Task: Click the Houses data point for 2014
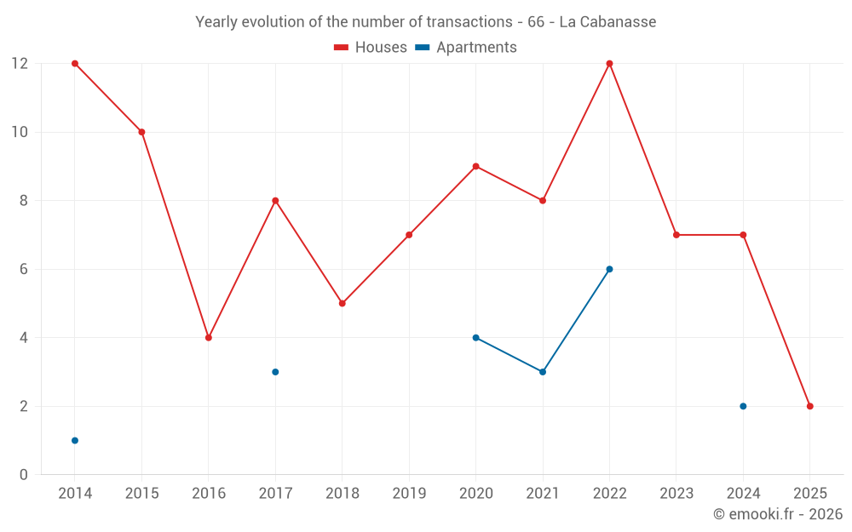tap(75, 64)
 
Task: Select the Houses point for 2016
tap(209, 338)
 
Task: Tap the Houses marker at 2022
tap(609, 64)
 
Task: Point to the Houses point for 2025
tap(809, 406)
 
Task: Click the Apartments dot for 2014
tap(75, 440)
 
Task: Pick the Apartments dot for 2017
tap(275, 372)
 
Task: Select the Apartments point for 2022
tap(609, 269)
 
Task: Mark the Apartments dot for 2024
tap(743, 406)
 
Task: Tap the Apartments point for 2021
tap(543, 372)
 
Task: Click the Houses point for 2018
tap(343, 303)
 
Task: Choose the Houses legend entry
tap(371, 48)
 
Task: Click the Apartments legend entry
tap(466, 48)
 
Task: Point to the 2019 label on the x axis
tap(409, 493)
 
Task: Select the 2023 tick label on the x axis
tap(676, 493)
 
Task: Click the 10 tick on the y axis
tap(20, 132)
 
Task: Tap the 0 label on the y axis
tap(24, 474)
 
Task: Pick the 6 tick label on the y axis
tap(24, 269)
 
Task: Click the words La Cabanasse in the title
tap(607, 22)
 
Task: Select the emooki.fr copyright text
tap(778, 514)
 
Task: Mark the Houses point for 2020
tap(475, 166)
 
